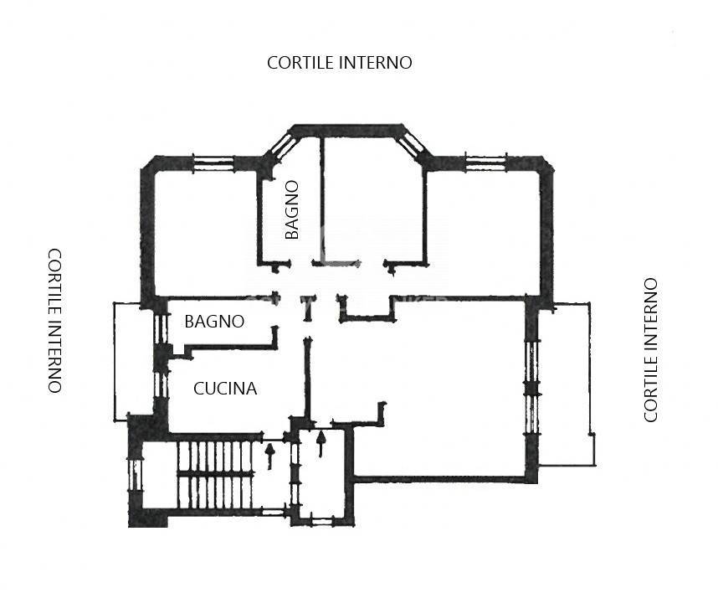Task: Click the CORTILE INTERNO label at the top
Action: [x=339, y=63]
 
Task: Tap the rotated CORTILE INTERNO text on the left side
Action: [x=54, y=320]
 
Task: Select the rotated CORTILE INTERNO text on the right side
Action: [x=651, y=350]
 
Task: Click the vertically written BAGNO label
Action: [x=291, y=210]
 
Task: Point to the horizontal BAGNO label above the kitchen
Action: [x=214, y=322]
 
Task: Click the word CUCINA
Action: [x=225, y=389]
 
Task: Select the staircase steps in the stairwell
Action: [x=215, y=474]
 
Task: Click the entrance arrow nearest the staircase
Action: [x=269, y=455]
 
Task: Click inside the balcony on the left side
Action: [x=134, y=360]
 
